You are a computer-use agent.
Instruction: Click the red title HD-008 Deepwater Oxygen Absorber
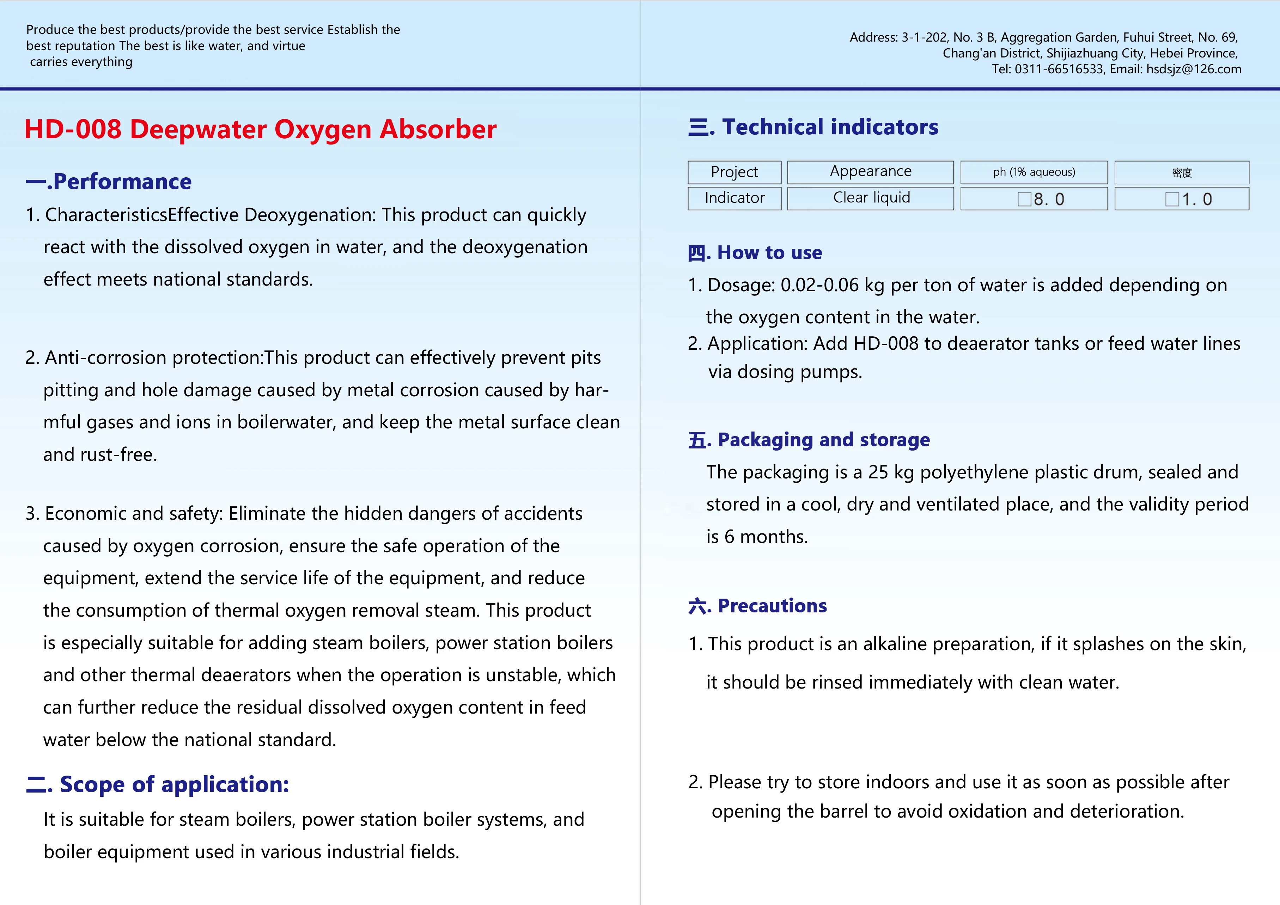(x=260, y=129)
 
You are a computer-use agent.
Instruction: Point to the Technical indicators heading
(x=813, y=127)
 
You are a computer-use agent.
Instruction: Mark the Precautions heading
(x=758, y=606)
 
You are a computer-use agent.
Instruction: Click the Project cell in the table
(x=734, y=172)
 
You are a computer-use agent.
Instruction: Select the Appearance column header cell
(x=870, y=172)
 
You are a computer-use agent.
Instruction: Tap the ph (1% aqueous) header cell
(x=1034, y=172)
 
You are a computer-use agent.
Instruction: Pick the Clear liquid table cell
(x=871, y=198)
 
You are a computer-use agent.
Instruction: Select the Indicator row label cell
(x=734, y=198)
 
